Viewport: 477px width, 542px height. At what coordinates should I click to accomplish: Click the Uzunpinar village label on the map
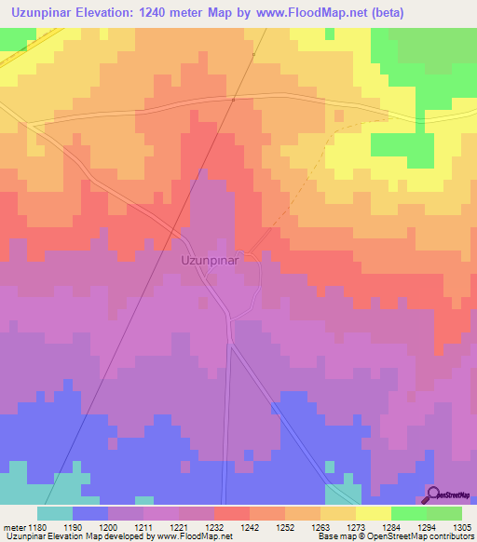[x=210, y=262]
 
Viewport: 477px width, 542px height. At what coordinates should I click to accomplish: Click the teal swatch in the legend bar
[x=54, y=513]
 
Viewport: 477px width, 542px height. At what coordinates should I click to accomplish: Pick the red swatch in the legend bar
[x=231, y=513]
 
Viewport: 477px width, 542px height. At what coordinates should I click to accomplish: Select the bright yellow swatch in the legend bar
[x=374, y=513]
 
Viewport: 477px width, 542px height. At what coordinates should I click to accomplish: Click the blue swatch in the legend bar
[x=89, y=513]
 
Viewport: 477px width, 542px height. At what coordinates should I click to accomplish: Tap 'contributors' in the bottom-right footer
[x=449, y=536]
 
